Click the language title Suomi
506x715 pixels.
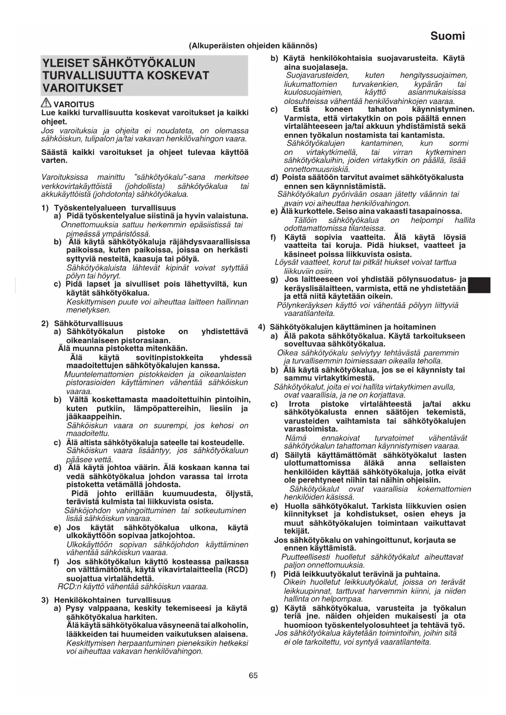click(x=447, y=36)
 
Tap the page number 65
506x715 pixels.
click(x=253, y=675)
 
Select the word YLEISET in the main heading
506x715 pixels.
click(x=66, y=63)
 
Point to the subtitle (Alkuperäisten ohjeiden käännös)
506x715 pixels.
click(x=253, y=46)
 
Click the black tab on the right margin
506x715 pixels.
click(x=479, y=285)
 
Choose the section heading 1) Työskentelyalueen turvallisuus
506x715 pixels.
click(x=109, y=208)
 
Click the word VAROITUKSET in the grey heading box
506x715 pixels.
click(x=83, y=88)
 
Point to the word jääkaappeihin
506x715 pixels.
click(x=94, y=417)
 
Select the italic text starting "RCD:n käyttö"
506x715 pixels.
click(x=133, y=587)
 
